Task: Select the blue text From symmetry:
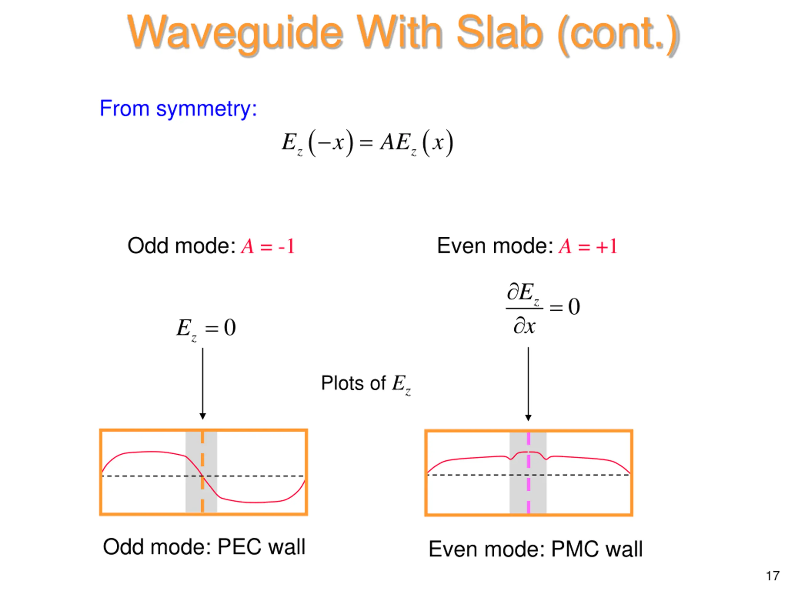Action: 178,108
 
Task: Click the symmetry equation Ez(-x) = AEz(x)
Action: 367,143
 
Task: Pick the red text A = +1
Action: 588,246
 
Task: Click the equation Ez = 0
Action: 206,328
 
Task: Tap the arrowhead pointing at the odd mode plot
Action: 203,416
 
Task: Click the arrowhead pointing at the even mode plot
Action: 528,417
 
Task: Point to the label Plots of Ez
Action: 366,384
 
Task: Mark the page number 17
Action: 773,576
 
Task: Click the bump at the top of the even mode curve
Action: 528,453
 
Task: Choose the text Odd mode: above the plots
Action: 181,246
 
